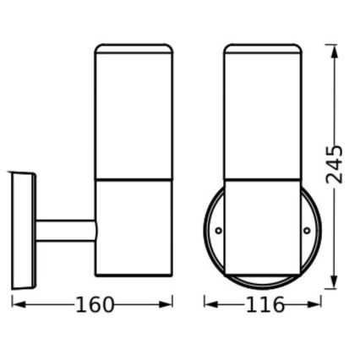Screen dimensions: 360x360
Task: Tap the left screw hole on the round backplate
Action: click(218, 229)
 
